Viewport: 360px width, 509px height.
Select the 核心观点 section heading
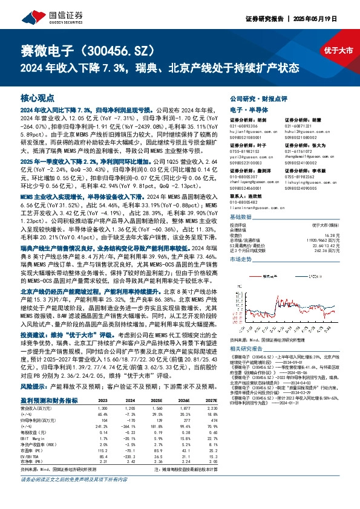click(37, 97)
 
